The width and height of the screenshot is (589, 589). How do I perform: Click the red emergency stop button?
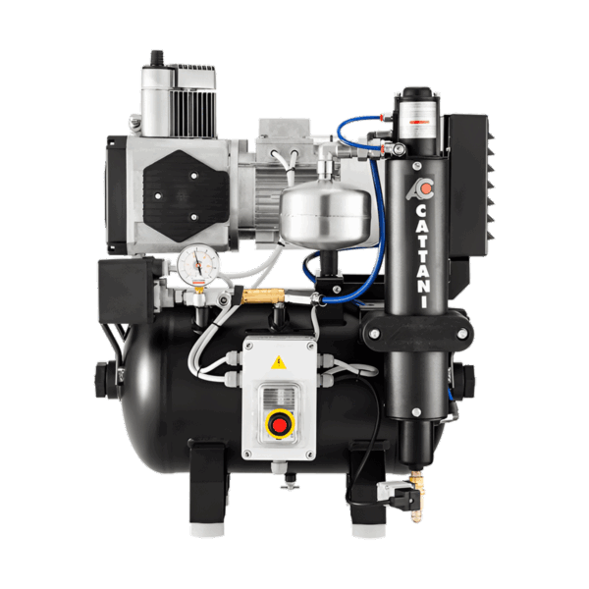[279, 425]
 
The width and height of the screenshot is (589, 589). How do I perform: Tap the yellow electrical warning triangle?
[279, 363]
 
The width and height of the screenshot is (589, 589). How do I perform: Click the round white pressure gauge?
[198, 263]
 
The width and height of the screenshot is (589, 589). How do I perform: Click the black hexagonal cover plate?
[187, 196]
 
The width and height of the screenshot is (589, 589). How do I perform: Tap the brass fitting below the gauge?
[259, 295]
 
